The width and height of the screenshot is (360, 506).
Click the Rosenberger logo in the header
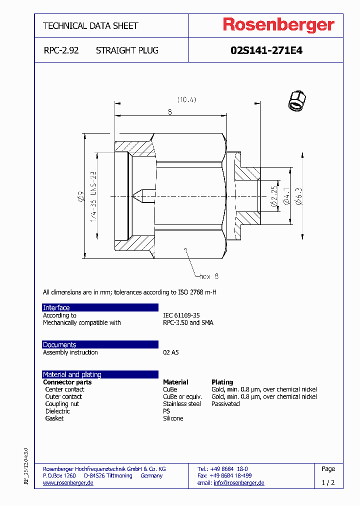[278, 25]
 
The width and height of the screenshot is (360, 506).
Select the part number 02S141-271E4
[266, 50]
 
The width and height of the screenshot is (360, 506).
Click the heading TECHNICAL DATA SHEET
[90, 25]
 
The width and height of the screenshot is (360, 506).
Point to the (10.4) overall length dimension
[185, 99]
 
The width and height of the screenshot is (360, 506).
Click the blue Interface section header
[56, 307]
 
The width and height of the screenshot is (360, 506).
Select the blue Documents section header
[59, 344]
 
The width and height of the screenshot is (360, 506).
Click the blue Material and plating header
[72, 374]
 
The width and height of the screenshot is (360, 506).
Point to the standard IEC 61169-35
[181, 315]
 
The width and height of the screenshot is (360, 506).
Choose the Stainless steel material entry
[182, 404]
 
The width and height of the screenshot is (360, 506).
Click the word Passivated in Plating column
[225, 404]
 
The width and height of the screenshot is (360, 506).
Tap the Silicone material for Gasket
[173, 418]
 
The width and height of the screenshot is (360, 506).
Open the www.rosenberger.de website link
[68, 483]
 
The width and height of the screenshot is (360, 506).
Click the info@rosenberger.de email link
[238, 483]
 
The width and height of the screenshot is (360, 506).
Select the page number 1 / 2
[328, 483]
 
